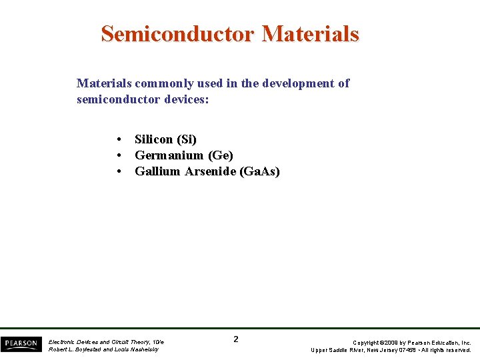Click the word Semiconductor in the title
click(178, 33)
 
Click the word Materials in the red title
click(311, 33)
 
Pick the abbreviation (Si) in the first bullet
click(186, 139)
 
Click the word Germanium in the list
click(169, 155)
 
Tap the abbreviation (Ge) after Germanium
click(221, 155)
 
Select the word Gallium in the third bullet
click(157, 171)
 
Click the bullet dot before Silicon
click(118, 139)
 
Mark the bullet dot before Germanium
click(118, 155)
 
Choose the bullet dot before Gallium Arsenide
click(118, 171)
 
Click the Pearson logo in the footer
click(21, 343)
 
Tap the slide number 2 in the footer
click(236, 339)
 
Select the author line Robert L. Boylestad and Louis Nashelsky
click(103, 349)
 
